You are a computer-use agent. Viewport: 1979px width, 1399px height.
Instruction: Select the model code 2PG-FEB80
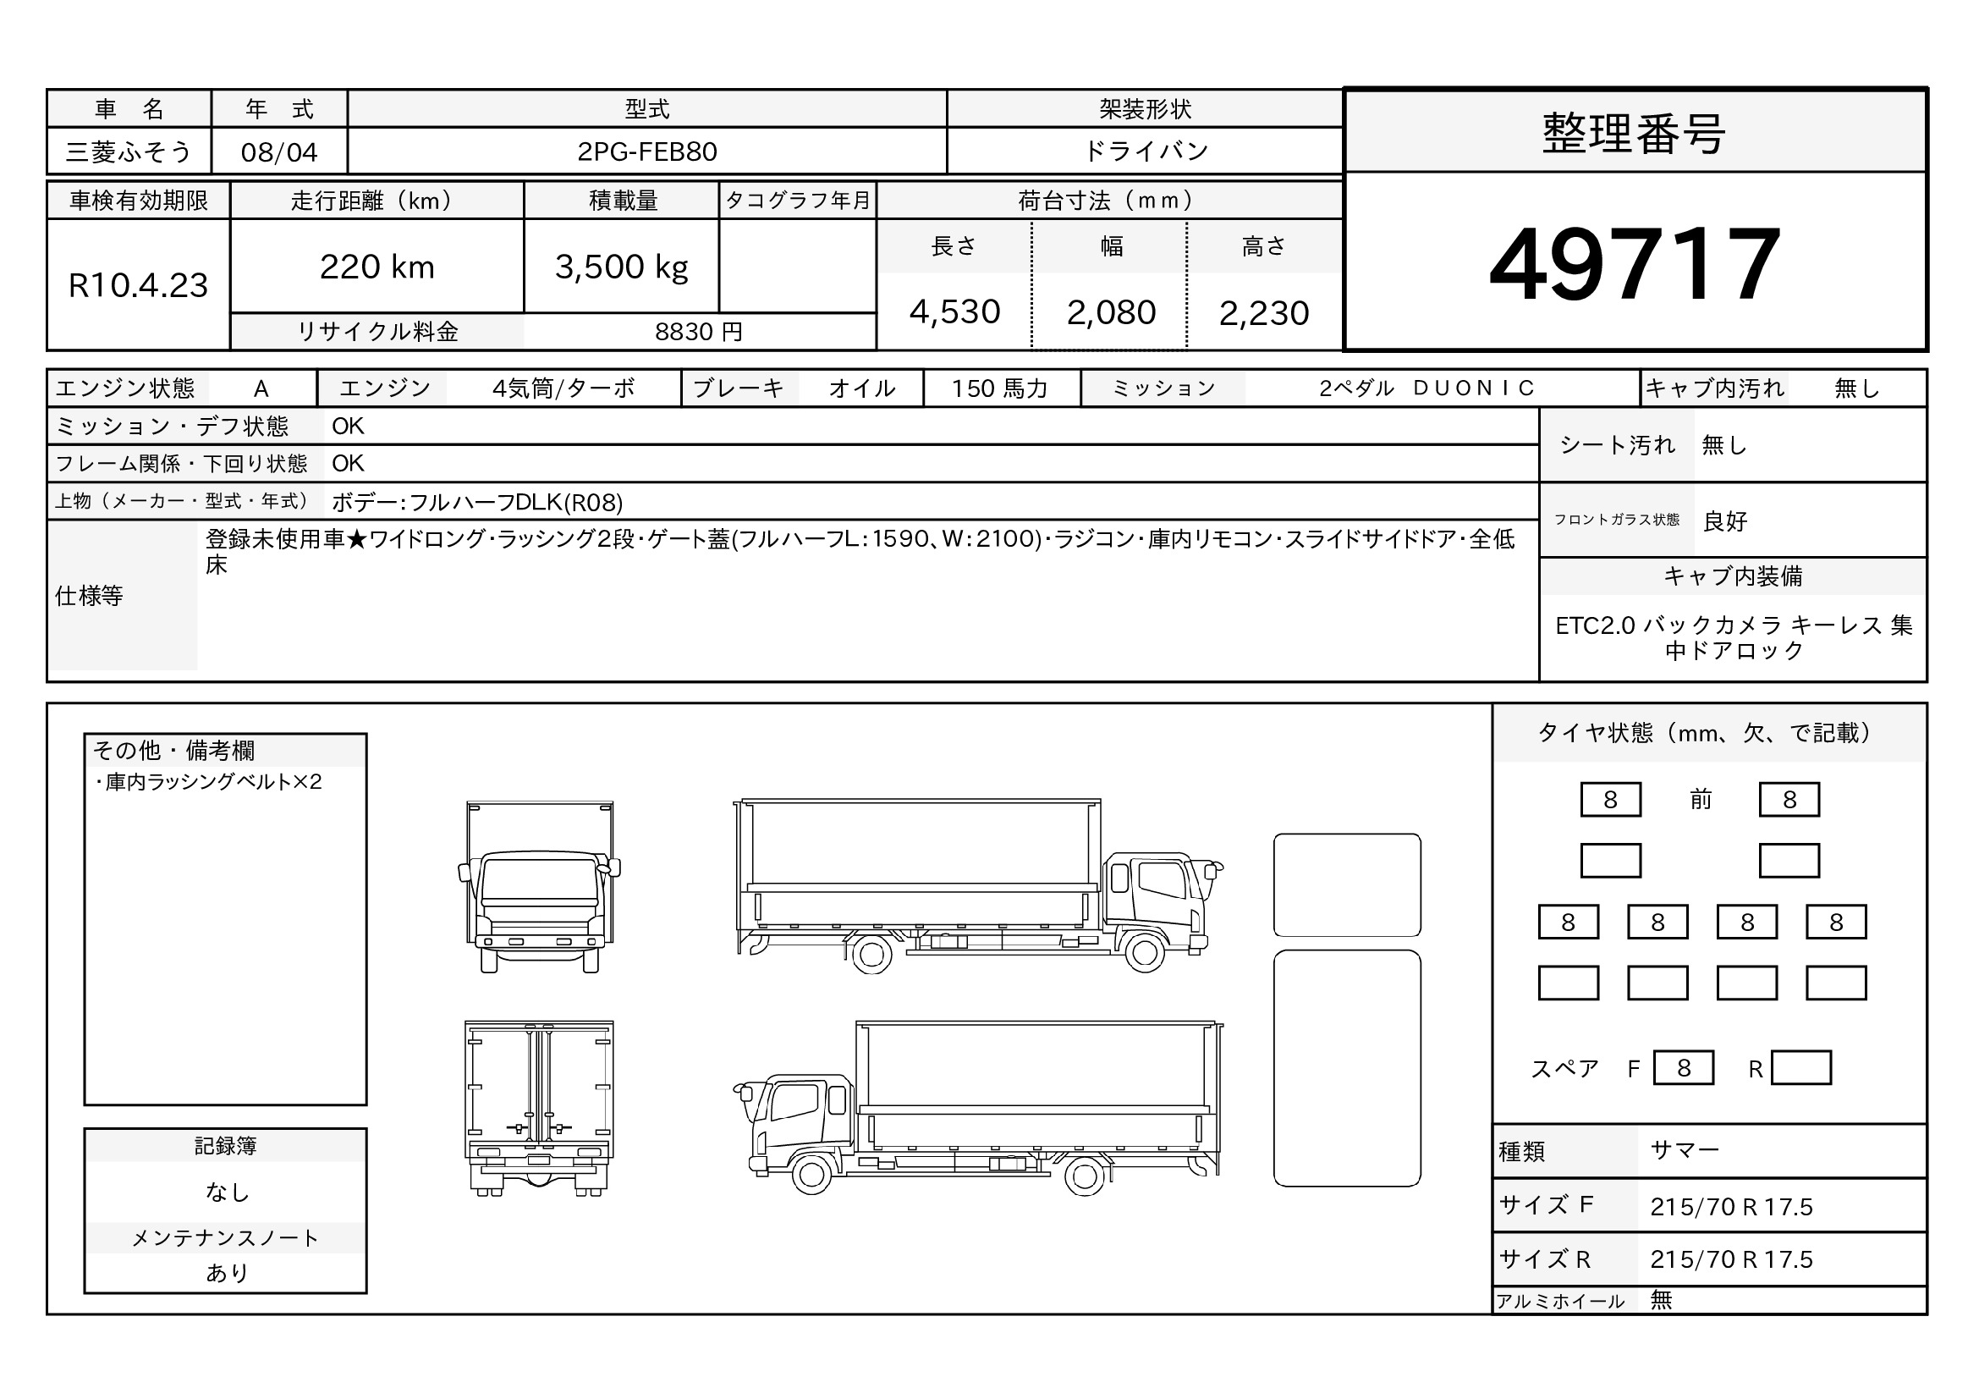coord(647,151)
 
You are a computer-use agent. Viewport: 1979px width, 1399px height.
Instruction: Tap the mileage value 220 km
coord(377,267)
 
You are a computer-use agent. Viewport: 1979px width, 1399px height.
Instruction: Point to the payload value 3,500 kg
coord(622,267)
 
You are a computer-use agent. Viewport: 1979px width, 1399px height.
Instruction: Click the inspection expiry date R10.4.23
coord(138,285)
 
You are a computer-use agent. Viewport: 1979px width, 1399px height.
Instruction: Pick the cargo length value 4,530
coord(954,312)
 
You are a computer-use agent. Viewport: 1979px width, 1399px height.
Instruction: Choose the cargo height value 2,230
coord(1263,313)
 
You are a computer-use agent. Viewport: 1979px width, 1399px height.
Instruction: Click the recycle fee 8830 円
coord(698,332)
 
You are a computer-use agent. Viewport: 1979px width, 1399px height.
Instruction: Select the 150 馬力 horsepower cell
coord(1000,388)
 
